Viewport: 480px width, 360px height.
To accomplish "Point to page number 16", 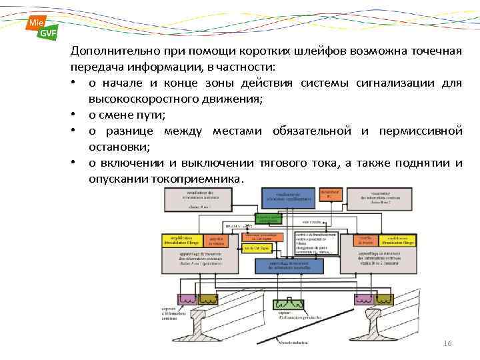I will pyautogui.click(x=448, y=343).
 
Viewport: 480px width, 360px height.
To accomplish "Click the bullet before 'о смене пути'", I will pyautogui.click(x=79, y=115).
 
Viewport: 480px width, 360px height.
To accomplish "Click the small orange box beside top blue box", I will pyautogui.click(x=328, y=195).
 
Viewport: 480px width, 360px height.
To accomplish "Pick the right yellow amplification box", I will pyautogui.click(x=397, y=241).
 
